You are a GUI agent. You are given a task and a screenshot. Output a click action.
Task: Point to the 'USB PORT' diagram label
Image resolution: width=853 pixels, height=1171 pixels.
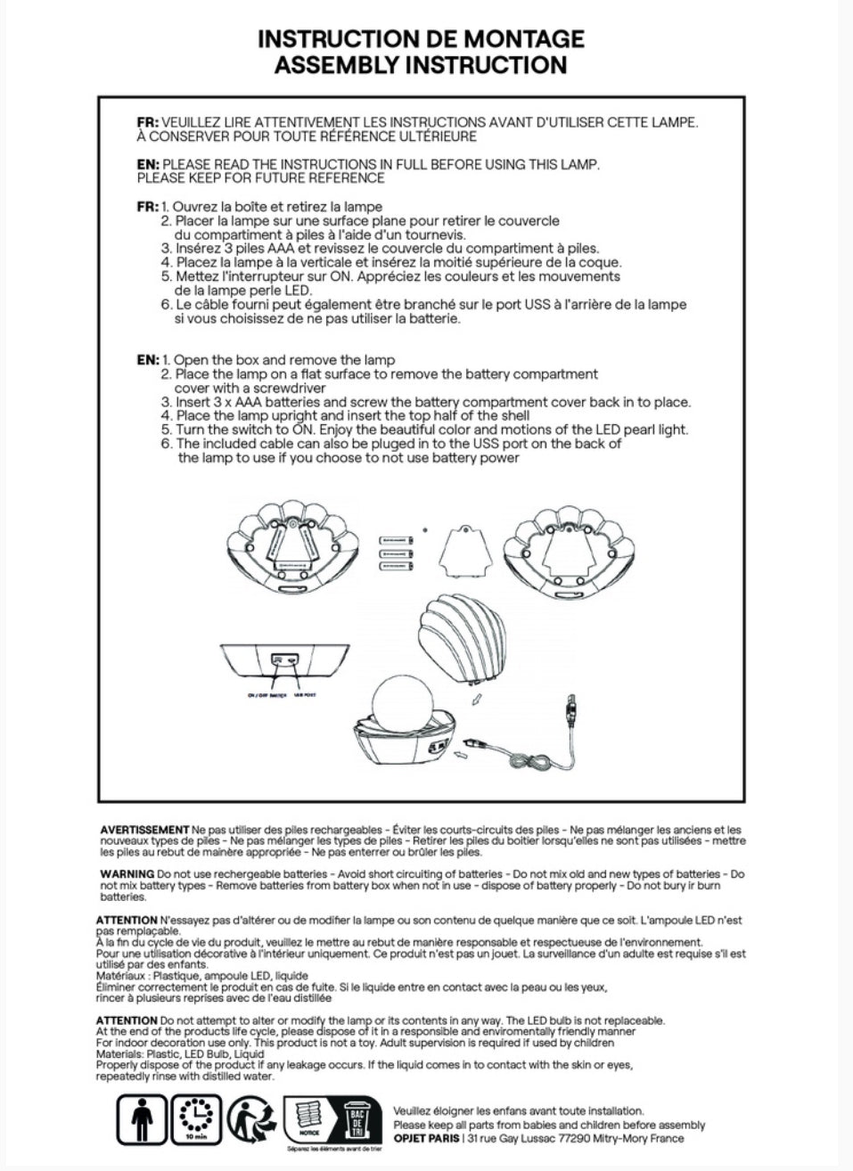(306, 696)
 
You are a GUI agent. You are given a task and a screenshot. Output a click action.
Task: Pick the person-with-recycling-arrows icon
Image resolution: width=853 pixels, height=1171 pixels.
(250, 1118)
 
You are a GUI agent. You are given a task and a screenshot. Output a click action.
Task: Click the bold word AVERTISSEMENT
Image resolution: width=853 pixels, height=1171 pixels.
(144, 830)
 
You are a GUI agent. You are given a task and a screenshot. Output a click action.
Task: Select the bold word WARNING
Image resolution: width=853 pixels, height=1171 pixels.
(127, 874)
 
